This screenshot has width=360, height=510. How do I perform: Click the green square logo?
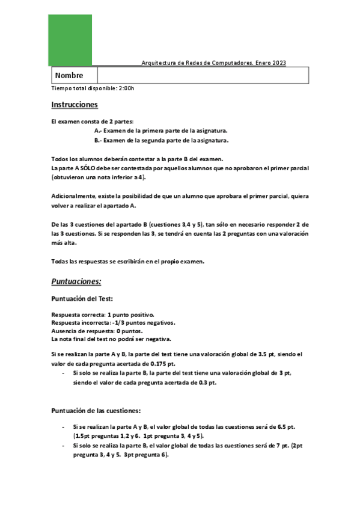pos(70,40)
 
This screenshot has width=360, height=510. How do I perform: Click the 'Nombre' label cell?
pos(69,76)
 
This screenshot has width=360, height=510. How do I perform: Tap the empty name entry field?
pos(203,76)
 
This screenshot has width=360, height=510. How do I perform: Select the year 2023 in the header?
pos(279,63)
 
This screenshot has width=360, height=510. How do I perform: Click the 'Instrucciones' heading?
pos(75,105)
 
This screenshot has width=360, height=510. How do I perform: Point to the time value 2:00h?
pos(127,88)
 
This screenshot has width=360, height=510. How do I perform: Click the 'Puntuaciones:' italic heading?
pos(76,281)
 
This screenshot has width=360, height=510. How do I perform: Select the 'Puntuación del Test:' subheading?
pos(84,298)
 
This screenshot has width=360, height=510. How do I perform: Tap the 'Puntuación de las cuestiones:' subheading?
pos(96,411)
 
